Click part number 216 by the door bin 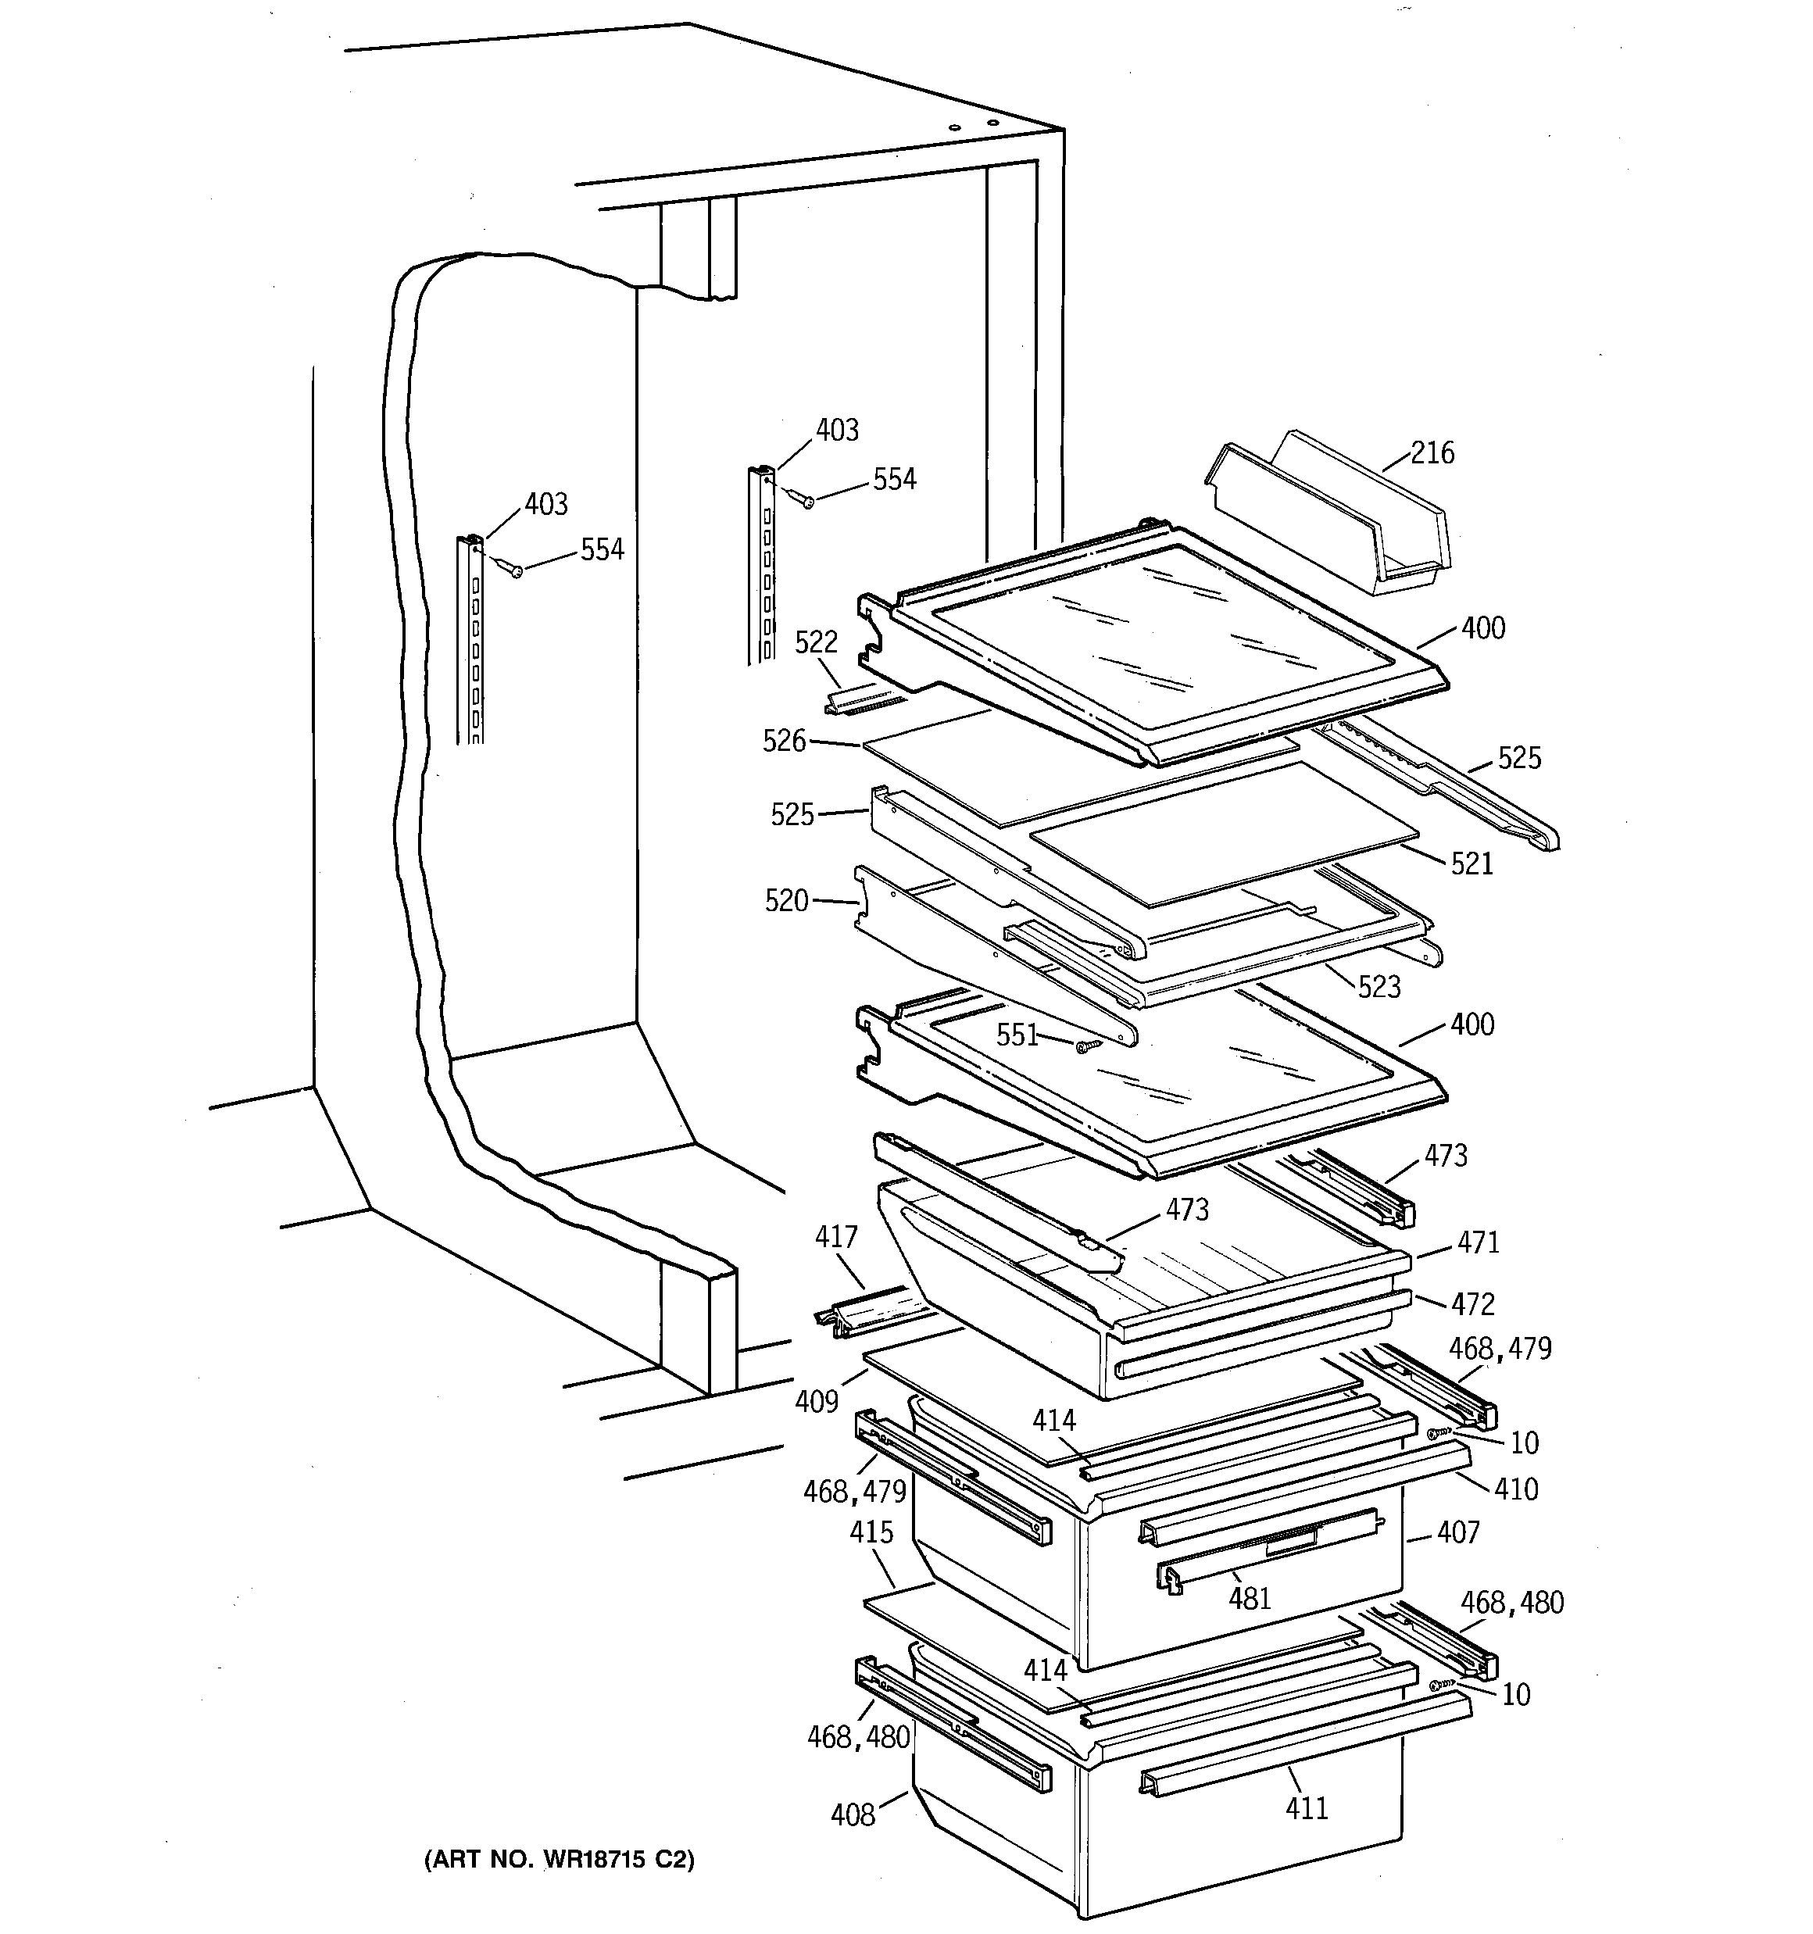pos(1432,453)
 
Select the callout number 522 pos(816,642)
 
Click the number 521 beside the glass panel pos(1471,863)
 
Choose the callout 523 pos(1379,986)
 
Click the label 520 pos(786,901)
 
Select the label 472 pos(1472,1303)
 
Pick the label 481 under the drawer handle pos(1250,1598)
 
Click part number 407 pos(1457,1532)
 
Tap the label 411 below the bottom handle pos(1306,1807)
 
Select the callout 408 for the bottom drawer pos(853,1815)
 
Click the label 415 pos(871,1532)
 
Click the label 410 pos(1516,1489)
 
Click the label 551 pos(1017,1035)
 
